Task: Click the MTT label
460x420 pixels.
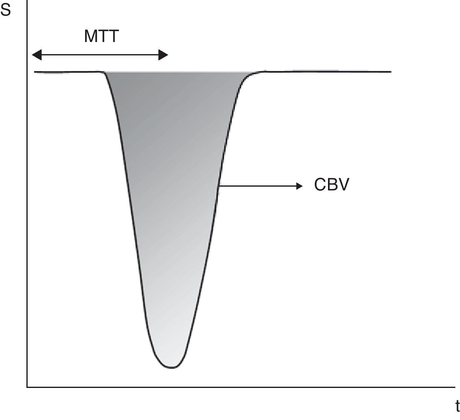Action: point(101,36)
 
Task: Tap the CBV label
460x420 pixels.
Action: point(331,185)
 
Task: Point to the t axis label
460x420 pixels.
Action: point(457,406)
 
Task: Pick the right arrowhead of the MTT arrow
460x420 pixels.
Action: point(163,55)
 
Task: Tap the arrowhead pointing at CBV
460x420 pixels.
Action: point(299,186)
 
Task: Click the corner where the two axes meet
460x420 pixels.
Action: point(27,387)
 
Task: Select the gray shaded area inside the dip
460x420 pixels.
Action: point(171,187)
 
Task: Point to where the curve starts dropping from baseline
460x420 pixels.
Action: point(103,72)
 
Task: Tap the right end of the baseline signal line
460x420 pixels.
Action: point(391,72)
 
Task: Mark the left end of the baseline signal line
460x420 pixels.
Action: point(35,72)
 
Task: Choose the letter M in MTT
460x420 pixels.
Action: point(91,36)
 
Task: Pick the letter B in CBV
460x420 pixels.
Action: point(332,185)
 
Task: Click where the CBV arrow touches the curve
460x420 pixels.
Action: point(220,186)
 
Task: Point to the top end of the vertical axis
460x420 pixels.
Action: point(27,1)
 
